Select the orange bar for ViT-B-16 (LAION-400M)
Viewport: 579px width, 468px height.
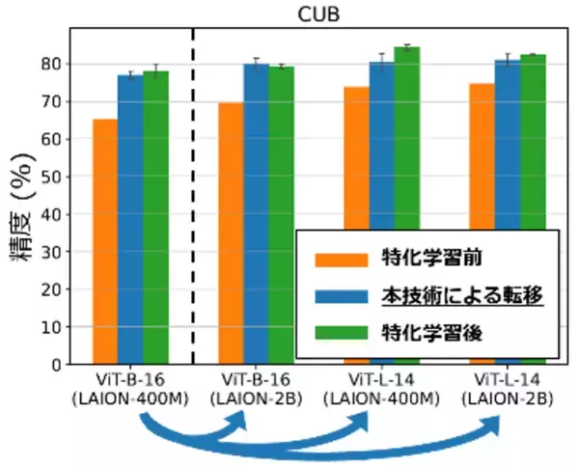[x=104, y=241]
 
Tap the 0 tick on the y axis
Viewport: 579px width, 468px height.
[x=56, y=365]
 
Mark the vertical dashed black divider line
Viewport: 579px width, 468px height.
[x=193, y=193]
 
